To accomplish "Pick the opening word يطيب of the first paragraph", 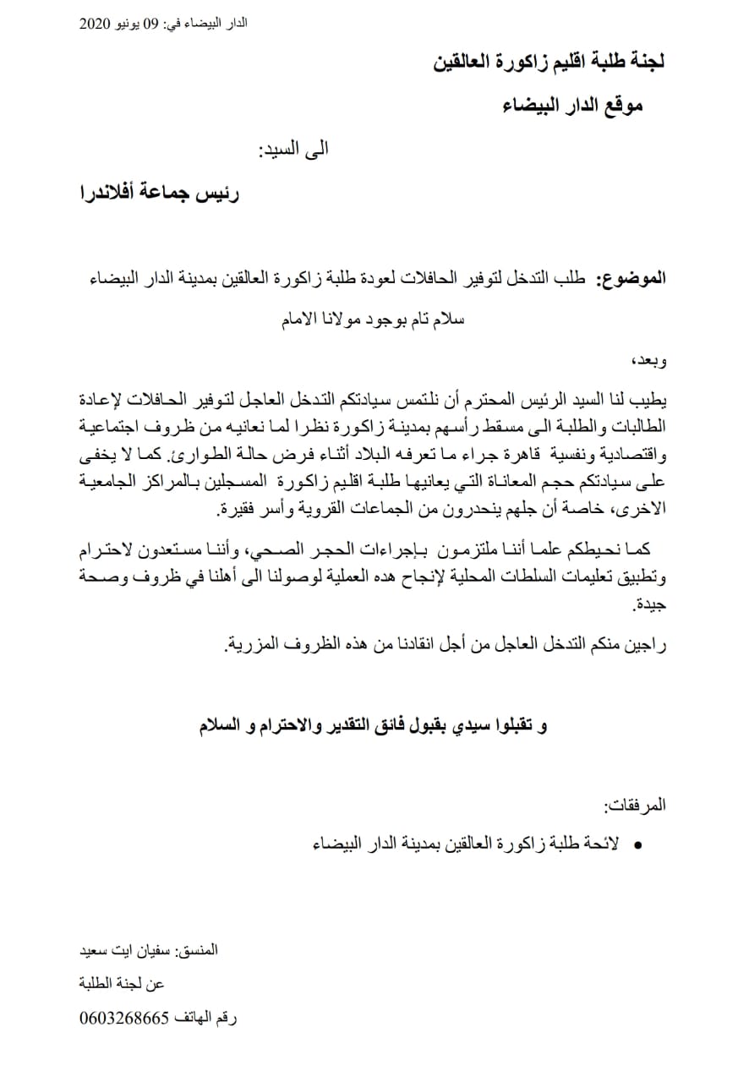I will (650, 397).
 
